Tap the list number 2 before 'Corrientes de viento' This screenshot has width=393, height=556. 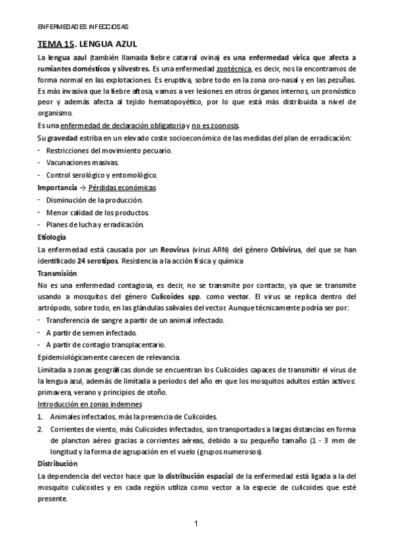(x=40, y=428)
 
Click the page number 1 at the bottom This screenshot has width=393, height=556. (x=197, y=523)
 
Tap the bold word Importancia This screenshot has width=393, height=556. (x=57, y=188)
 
